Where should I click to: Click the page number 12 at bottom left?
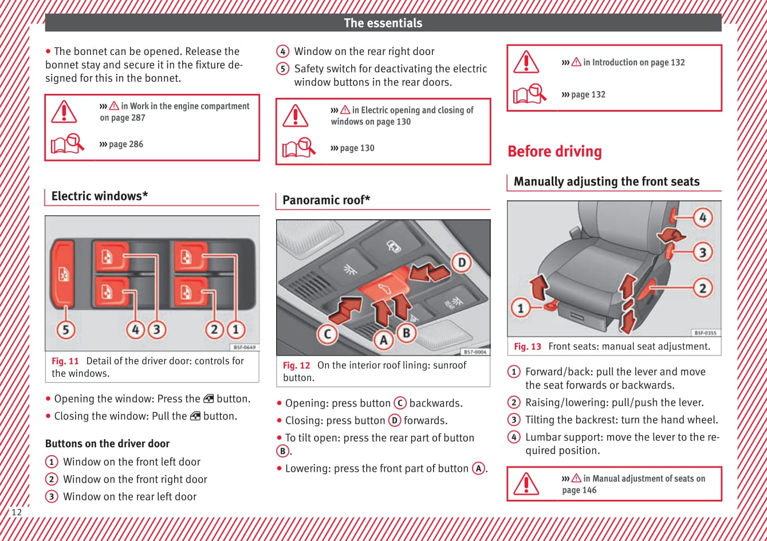pos(17,512)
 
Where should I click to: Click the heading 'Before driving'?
pos(554,152)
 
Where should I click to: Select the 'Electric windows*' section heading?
pos(100,196)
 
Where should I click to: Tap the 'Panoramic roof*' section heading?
pos(326,200)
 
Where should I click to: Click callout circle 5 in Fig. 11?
pos(66,330)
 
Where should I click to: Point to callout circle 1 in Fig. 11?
pos(235,330)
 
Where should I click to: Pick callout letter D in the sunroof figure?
pos(461,263)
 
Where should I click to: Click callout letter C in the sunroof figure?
pos(327,334)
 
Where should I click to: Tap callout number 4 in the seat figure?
pos(702,218)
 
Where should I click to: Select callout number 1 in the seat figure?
pos(520,309)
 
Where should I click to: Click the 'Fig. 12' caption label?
pos(296,365)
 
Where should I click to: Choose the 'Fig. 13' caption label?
pos(527,346)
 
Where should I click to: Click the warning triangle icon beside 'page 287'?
pos(64,112)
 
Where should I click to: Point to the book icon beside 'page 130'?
pos(298,148)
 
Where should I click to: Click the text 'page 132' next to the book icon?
pos(588,94)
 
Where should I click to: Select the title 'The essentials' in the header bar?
pos(383,23)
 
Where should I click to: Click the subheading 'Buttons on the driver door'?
pos(107,444)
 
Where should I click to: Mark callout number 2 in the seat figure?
pos(702,287)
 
